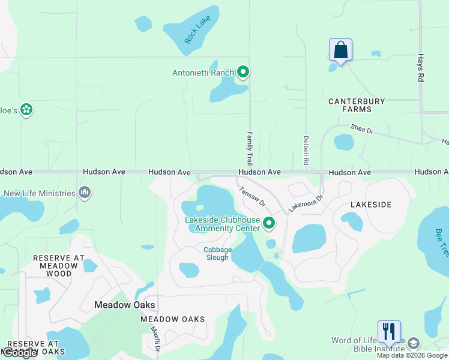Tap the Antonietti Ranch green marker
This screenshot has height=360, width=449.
click(243, 73)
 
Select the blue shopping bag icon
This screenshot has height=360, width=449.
click(340, 50)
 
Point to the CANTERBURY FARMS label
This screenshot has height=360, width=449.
click(357, 106)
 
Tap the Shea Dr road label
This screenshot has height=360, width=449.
click(362, 128)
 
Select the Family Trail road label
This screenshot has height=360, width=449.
click(250, 149)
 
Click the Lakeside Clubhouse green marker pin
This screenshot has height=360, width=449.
click(269, 224)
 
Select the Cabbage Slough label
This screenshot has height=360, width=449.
click(216, 253)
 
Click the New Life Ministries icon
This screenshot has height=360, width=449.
click(85, 193)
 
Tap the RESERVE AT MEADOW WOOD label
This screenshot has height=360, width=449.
click(58, 266)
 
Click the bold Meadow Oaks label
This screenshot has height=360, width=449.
click(125, 305)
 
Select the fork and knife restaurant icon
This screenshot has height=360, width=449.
click(388, 331)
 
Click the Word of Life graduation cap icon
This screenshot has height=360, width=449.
click(413, 343)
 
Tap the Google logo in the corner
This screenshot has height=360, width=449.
click(20, 353)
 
